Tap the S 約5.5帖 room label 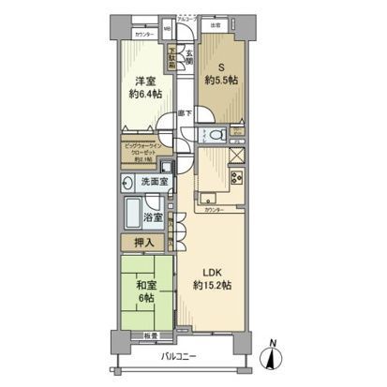click(222, 72)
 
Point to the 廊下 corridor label click(187, 112)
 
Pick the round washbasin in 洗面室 click(128, 182)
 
